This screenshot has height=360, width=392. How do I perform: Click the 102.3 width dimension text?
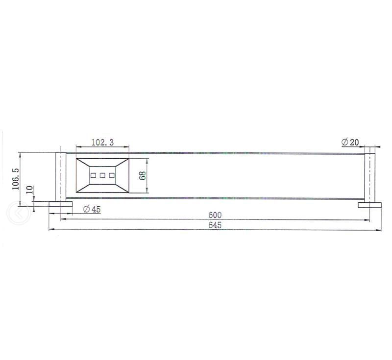(x=103, y=142)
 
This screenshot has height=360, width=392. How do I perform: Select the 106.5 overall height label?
(x=15, y=179)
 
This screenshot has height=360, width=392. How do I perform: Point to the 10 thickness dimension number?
(x=29, y=191)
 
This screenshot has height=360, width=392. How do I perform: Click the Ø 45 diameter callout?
(x=92, y=209)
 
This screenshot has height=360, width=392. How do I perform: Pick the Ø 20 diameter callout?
(x=350, y=142)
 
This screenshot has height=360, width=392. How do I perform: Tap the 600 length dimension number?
(x=215, y=215)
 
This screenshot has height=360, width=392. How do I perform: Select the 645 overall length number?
(x=215, y=225)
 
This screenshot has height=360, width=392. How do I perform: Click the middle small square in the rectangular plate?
(x=103, y=175)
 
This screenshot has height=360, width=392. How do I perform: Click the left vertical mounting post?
(x=60, y=176)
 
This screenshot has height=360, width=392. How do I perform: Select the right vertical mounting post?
(x=370, y=177)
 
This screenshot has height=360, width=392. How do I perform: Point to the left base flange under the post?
(x=60, y=204)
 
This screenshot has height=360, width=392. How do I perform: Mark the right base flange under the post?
(x=370, y=205)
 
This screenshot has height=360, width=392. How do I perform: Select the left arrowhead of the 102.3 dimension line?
(x=78, y=146)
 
